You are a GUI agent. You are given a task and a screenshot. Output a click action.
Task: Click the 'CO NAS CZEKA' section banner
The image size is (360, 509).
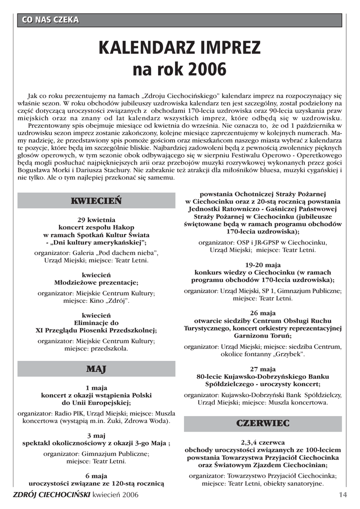click(50, 20)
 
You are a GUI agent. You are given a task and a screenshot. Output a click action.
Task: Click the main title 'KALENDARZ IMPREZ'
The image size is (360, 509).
click(180, 48)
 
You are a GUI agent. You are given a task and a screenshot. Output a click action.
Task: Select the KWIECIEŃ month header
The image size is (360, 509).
click(96, 200)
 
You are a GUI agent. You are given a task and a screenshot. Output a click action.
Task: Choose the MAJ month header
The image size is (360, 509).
click(96, 369)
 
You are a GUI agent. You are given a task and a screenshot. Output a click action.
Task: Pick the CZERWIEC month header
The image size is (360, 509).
click(263, 424)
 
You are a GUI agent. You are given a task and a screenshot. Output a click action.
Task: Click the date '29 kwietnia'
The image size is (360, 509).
click(96, 219)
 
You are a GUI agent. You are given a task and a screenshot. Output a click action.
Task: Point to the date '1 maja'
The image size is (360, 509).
click(96, 388)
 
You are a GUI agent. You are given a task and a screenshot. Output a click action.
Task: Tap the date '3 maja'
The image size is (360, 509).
click(96, 435)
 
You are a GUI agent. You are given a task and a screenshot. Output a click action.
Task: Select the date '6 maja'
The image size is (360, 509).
click(96, 476)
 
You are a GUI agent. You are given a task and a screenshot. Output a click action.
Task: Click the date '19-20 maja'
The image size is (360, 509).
click(263, 264)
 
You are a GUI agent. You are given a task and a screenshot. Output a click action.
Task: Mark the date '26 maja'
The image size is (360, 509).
click(263, 313)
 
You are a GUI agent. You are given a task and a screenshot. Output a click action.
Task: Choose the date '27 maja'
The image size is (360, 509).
click(263, 369)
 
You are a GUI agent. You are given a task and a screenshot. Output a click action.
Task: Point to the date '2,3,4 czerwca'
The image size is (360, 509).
click(263, 442)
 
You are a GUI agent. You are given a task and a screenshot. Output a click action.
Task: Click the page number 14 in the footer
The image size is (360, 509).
click(342, 495)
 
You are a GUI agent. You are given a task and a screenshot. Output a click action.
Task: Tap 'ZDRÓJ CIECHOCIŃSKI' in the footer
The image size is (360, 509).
click(52, 495)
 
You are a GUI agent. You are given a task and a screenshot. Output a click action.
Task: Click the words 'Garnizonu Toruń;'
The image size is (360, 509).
click(263, 336)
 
